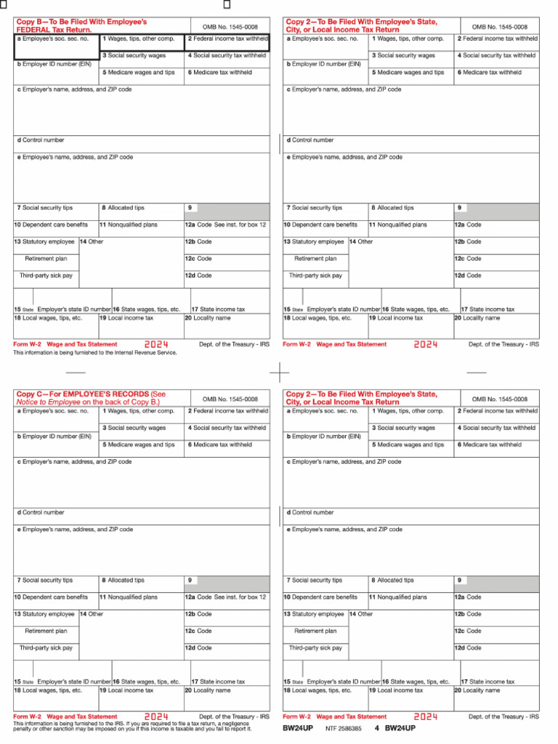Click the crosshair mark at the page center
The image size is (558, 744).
coord(279,372)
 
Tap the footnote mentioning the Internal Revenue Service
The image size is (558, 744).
coord(95,352)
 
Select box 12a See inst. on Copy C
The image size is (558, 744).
coord(226,597)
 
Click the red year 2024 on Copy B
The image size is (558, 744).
coord(156,344)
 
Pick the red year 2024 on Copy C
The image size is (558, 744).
coord(156,716)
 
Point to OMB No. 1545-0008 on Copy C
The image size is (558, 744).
coord(230,399)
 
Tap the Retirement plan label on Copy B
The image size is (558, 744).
coord(46,259)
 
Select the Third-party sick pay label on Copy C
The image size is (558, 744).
coord(46,647)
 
